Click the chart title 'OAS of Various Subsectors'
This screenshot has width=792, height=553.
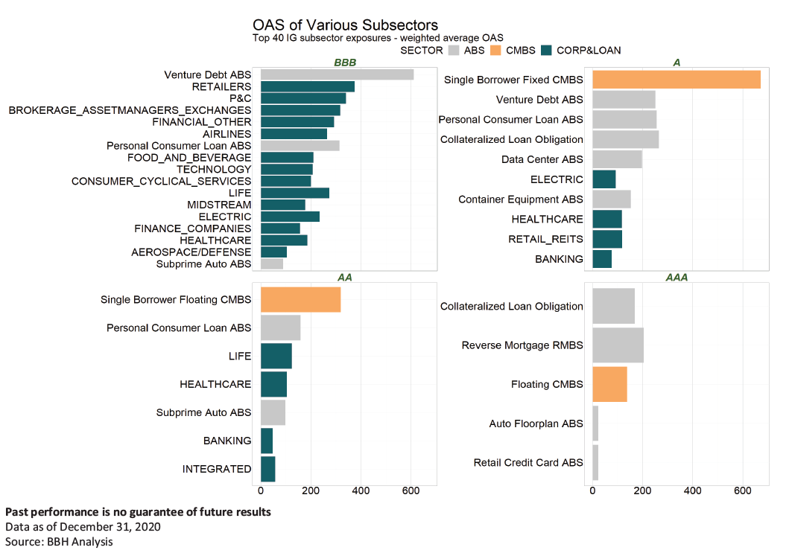coord(345,26)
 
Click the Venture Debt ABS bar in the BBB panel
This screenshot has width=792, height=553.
coord(337,74)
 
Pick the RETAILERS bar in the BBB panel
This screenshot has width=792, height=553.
coord(307,86)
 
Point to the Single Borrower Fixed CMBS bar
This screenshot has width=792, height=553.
coord(676,80)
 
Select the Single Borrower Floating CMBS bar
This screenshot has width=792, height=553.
coord(300,299)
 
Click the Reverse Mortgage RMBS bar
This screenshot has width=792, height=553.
coord(617,345)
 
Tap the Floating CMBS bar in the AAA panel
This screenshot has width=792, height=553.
coord(609,385)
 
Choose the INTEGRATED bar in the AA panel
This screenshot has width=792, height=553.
coord(267,469)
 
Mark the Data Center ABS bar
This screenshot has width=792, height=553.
coord(616,159)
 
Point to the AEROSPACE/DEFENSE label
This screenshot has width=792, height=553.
coord(191,252)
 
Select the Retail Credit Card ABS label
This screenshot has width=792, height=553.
coord(528,463)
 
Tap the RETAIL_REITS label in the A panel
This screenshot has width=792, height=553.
coord(545,240)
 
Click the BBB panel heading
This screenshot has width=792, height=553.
coord(344,63)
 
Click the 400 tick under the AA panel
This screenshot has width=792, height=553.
coord(361,491)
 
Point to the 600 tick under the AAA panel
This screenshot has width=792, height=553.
coord(743,491)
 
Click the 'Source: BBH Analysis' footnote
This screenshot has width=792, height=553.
coord(60,541)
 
